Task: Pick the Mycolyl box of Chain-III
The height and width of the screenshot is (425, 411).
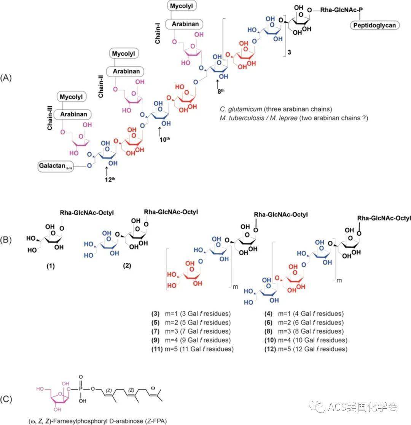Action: (73, 97)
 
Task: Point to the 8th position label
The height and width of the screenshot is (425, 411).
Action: (218, 91)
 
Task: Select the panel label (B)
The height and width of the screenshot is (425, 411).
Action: (8, 241)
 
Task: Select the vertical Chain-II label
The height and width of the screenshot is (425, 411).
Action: (101, 87)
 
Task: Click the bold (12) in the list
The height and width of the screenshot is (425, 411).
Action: (270, 349)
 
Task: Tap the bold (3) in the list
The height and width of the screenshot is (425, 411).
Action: (155, 314)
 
